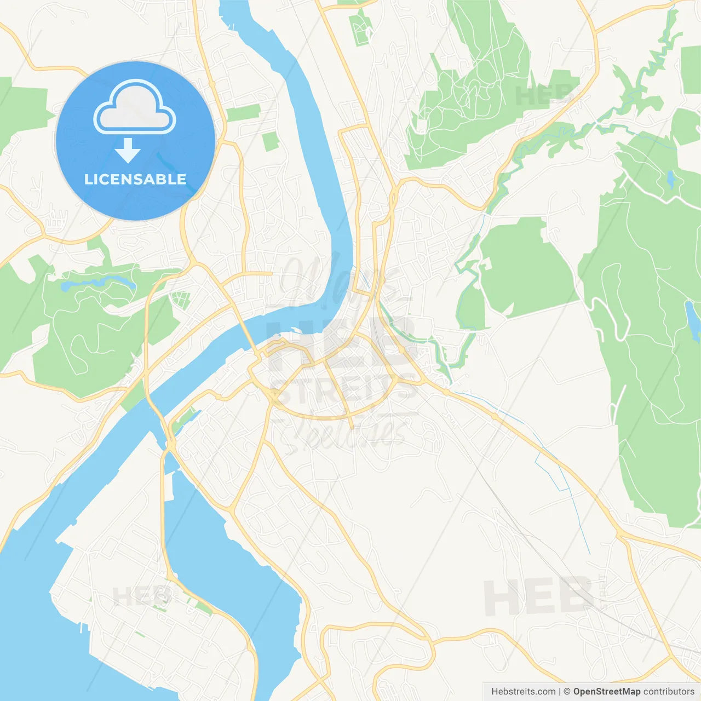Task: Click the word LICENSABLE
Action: pos(135,179)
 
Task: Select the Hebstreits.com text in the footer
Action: pos(523,692)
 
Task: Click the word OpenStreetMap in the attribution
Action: pos(606,692)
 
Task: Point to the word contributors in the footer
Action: pos(669,692)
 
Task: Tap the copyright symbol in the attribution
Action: pos(567,692)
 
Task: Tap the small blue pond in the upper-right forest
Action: pos(670,179)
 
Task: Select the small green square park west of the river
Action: pos(270,141)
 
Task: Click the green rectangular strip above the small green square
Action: pos(243,113)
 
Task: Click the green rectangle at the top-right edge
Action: pos(691,70)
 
